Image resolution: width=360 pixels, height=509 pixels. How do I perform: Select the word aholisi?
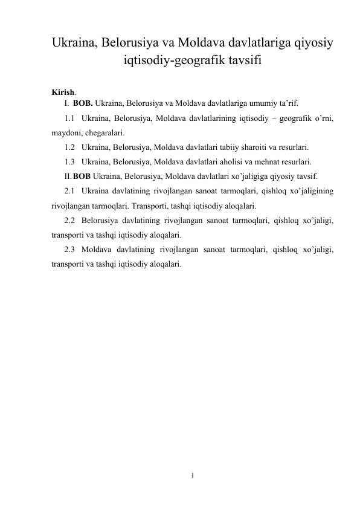coord(230,161)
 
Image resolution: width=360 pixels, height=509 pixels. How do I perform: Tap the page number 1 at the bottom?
coord(191,475)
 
